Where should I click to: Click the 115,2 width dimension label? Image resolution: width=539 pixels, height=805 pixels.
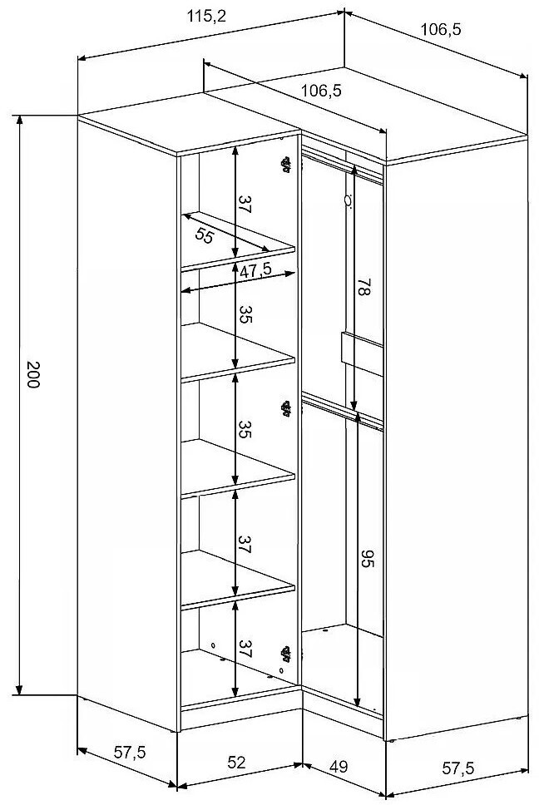coord(206,17)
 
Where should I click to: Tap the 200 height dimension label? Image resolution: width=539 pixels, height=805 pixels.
coord(32,374)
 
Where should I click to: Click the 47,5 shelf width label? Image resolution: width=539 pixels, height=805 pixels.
coord(255,270)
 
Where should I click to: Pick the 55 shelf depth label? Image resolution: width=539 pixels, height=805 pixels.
coord(205,235)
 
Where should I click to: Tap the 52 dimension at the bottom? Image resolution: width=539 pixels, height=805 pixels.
coord(237,762)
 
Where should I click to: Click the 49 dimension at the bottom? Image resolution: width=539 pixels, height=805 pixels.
coord(339,767)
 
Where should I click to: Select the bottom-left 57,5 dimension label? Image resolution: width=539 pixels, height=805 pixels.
coord(130,753)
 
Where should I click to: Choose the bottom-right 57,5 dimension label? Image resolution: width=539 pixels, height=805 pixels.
coord(458,768)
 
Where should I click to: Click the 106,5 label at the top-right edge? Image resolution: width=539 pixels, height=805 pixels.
coord(441,30)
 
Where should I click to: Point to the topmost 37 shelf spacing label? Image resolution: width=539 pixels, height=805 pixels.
coord(245,204)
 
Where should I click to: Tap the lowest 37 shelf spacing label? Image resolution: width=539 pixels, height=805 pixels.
coord(245,649)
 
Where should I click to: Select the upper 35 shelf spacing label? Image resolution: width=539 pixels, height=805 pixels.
coord(245,314)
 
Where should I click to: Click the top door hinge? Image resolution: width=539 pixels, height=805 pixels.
coord(285,165)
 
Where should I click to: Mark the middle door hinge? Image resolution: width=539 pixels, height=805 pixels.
coord(285,408)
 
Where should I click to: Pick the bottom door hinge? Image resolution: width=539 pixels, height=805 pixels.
coord(285,654)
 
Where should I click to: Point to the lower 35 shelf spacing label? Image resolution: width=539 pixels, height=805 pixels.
coord(245,429)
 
